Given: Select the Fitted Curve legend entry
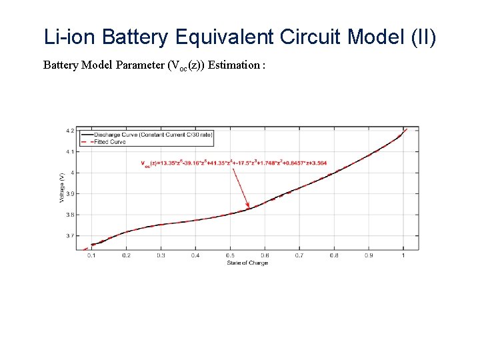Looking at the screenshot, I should click(109, 141).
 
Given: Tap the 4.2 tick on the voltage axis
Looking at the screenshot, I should click(70, 131).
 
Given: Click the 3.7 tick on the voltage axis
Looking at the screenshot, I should click(70, 236).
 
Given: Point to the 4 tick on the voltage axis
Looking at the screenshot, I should click(71, 173).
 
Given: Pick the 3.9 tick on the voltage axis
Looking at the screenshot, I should click(70, 194).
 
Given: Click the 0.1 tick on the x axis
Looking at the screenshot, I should click(91, 255).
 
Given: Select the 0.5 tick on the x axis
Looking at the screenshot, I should click(229, 255).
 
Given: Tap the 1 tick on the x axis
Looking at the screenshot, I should click(403, 255).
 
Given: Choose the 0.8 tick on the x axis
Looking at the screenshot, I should click(333, 255).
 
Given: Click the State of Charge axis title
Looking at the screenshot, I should click(247, 263).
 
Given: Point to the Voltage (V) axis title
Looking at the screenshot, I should click(62, 187).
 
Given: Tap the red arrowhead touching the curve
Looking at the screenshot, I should click(248, 205).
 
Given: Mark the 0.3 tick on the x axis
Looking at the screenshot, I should click(160, 255).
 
